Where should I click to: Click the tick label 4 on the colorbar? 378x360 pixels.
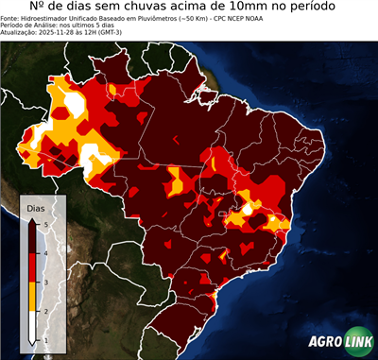tap(45, 251)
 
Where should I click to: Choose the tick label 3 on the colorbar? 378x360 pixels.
tap(45, 281)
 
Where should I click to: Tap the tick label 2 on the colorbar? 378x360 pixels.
tap(45, 310)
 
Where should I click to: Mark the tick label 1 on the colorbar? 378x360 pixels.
tap(45, 340)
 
